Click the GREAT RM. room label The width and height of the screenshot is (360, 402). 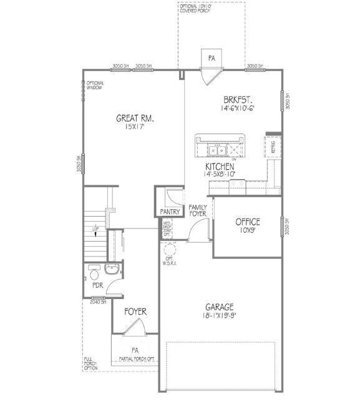135,118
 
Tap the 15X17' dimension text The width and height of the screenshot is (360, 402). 135,127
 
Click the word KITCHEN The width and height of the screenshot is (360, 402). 220,167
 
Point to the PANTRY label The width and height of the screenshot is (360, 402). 170,212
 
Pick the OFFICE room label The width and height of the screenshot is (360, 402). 248,222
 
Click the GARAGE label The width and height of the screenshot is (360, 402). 220,306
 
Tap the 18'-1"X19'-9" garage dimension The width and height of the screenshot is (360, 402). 220,316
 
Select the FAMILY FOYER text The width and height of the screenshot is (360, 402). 198,211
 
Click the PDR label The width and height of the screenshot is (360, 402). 97,285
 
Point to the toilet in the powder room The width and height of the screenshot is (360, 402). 94,273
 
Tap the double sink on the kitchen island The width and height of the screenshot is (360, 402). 218,149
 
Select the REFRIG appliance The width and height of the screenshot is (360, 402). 272,146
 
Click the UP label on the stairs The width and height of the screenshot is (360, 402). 95,230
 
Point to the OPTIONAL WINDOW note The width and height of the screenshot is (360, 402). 95,86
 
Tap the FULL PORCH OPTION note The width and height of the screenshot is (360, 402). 91,363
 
